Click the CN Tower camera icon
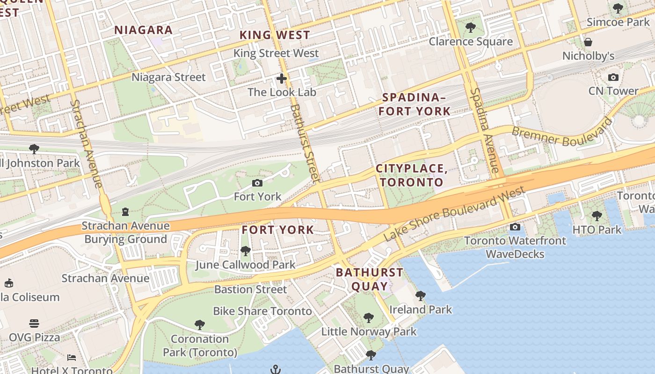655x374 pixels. (x=613, y=78)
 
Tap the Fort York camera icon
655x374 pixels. (x=257, y=183)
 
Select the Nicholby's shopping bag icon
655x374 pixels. (x=588, y=43)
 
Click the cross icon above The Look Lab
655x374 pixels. (x=281, y=78)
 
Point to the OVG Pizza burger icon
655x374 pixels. (x=34, y=324)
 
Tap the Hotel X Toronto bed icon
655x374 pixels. (x=72, y=358)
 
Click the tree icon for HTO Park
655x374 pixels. (x=597, y=216)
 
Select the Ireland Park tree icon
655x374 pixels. (x=421, y=296)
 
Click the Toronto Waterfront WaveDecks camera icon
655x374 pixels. (x=515, y=227)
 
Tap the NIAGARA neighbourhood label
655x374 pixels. (x=144, y=30)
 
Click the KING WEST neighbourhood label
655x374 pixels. (x=275, y=35)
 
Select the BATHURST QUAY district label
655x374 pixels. (x=370, y=279)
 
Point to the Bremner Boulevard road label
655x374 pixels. (x=561, y=133)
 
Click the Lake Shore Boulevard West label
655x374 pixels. (x=454, y=214)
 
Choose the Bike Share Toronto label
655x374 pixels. (x=262, y=311)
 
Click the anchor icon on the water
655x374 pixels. (x=276, y=369)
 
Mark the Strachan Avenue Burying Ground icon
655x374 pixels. (x=125, y=212)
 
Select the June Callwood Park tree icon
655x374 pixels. (x=245, y=251)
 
